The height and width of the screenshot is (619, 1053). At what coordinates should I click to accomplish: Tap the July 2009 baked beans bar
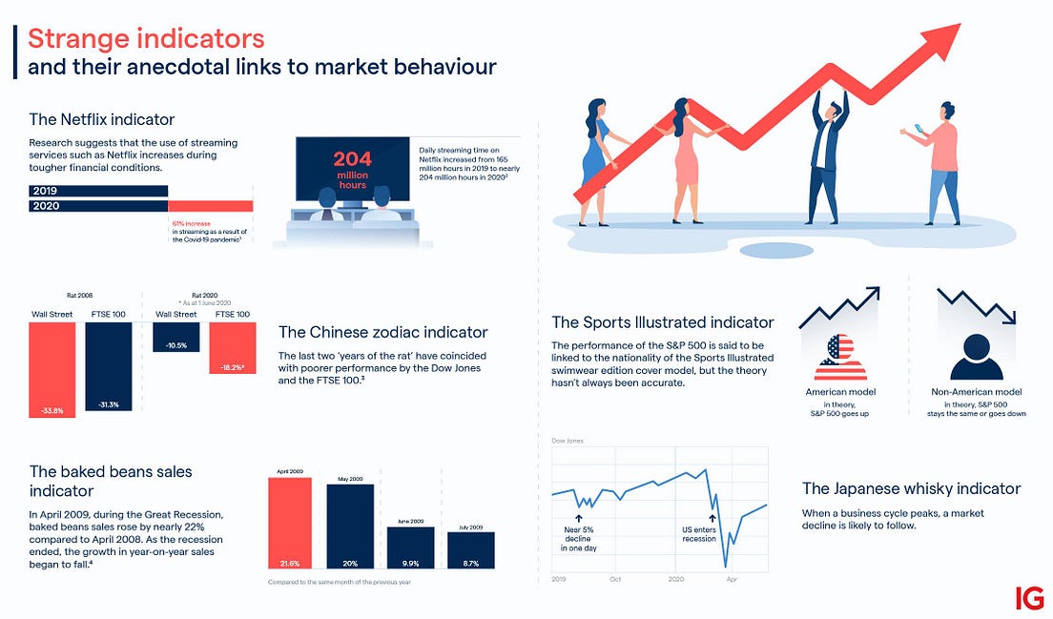[471, 550]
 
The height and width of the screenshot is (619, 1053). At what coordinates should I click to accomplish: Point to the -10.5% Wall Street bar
[175, 337]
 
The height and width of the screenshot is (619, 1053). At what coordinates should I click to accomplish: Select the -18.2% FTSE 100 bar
[233, 346]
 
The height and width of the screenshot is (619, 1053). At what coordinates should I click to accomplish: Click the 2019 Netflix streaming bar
[99, 191]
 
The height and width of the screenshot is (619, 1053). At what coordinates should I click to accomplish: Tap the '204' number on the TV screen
[353, 160]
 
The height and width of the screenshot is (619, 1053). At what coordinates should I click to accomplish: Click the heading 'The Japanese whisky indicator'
[911, 488]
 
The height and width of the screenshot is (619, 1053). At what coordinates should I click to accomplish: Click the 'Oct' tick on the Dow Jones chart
[616, 579]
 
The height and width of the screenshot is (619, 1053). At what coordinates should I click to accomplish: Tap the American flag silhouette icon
[840, 357]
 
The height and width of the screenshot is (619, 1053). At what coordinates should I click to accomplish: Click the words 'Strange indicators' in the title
[146, 39]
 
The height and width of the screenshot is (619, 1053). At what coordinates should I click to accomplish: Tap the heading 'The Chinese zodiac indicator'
[382, 332]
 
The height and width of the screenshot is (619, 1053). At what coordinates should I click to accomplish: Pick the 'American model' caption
[840, 392]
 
